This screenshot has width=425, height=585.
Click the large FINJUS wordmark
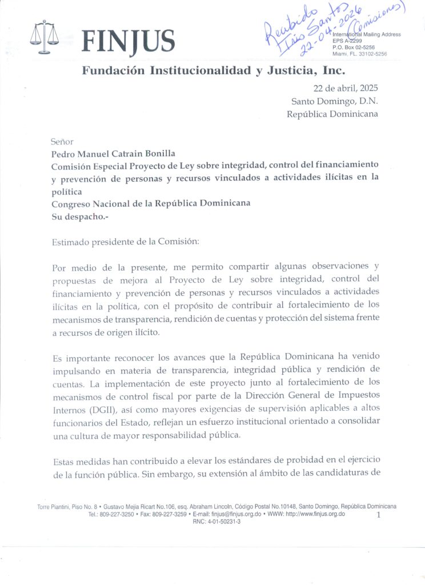[x=129, y=41]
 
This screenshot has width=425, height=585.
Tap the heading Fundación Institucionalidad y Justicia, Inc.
[x=214, y=71]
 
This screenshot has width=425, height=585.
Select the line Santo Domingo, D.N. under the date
[x=334, y=101]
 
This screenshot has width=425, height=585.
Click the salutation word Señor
[x=62, y=141]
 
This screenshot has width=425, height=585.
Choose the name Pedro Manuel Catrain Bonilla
[x=121, y=153]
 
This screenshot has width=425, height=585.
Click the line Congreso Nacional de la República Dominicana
[x=151, y=203]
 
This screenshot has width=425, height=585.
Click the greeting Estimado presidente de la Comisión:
[x=126, y=241]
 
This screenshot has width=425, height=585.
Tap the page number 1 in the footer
[x=378, y=515]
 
